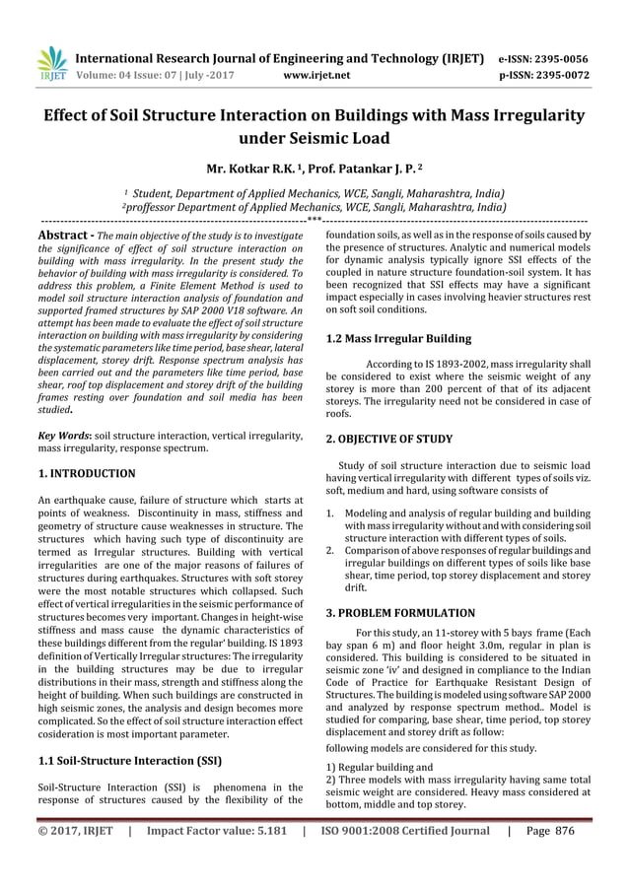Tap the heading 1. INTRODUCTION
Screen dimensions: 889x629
[86, 473]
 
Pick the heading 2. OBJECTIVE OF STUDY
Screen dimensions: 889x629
[389, 440]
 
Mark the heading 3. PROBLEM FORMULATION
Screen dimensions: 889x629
[400, 613]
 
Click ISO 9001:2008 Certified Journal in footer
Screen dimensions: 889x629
[404, 858]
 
